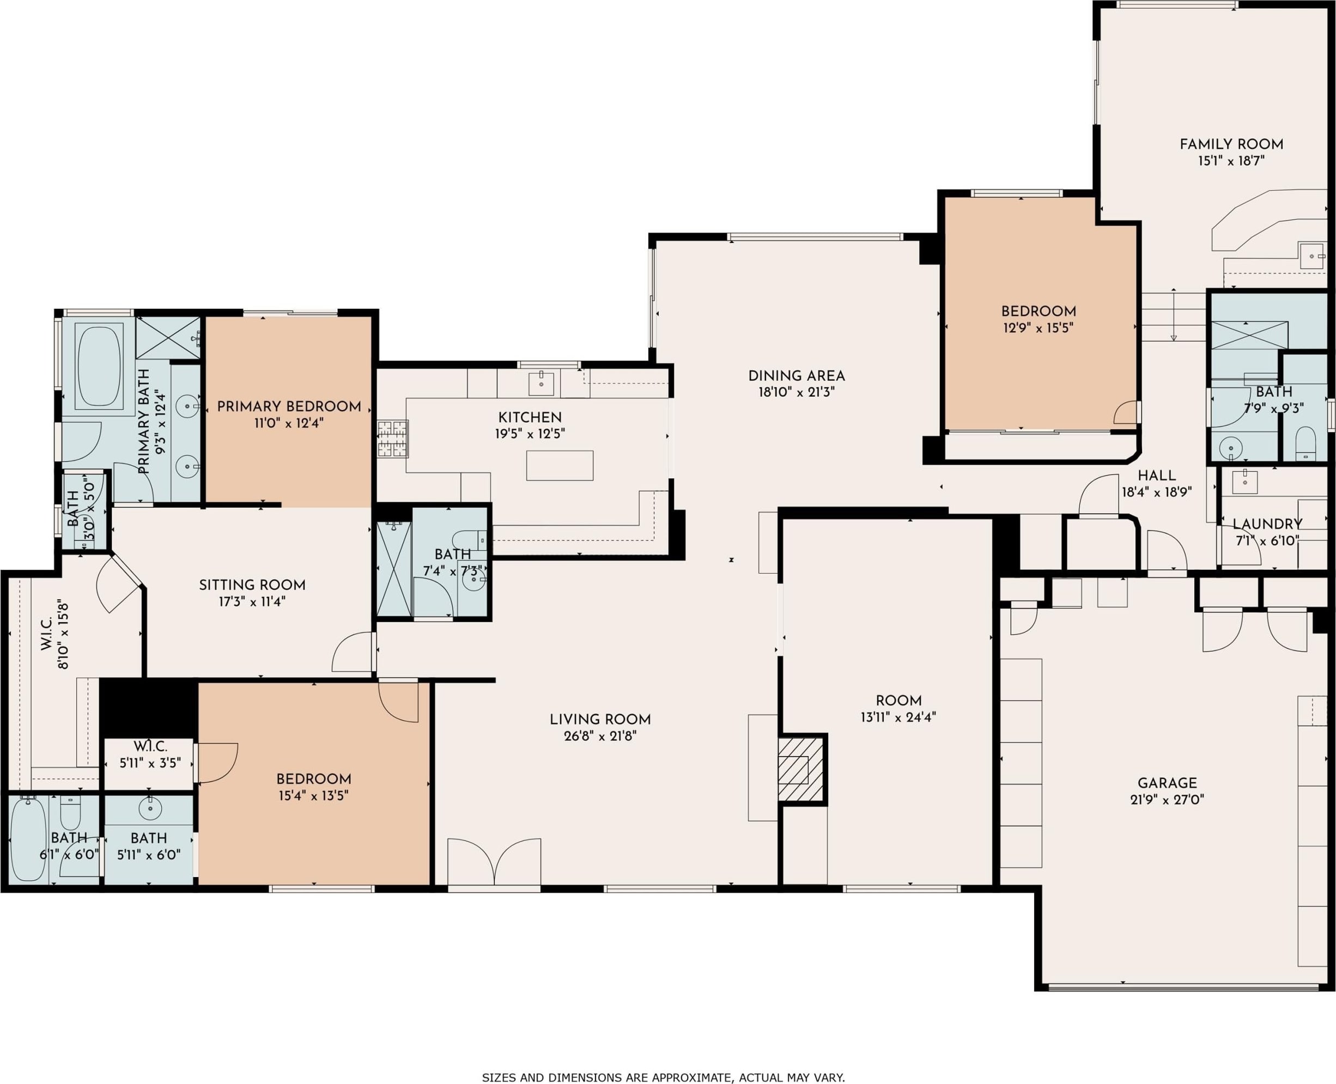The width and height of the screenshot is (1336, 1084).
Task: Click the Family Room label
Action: point(1231,144)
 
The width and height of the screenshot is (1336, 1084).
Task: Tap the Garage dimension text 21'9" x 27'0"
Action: point(1167,799)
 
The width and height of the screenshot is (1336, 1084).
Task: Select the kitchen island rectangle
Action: point(559,465)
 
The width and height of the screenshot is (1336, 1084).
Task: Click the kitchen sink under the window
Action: point(541,383)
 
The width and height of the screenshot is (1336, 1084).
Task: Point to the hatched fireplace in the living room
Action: point(802,769)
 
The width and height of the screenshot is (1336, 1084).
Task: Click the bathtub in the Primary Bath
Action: point(99,366)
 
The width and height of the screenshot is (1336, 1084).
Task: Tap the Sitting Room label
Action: point(252,586)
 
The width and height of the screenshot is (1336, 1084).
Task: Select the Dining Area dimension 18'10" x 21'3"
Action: point(797,392)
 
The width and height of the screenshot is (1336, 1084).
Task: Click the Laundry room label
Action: point(1267,525)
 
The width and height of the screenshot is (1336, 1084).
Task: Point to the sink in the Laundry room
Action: point(1244,482)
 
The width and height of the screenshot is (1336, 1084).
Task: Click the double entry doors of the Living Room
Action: point(494,861)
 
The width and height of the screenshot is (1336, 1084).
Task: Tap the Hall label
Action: point(1157,476)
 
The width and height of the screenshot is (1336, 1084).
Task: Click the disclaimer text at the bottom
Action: point(663,1077)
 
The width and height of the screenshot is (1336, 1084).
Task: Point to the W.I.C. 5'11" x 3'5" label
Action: point(150,754)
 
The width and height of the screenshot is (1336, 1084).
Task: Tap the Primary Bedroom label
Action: point(289,407)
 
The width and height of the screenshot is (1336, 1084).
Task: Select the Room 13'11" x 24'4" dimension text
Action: point(898,717)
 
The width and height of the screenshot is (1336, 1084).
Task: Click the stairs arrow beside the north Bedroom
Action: point(1174,315)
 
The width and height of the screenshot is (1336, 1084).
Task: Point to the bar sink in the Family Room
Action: point(1311,256)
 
